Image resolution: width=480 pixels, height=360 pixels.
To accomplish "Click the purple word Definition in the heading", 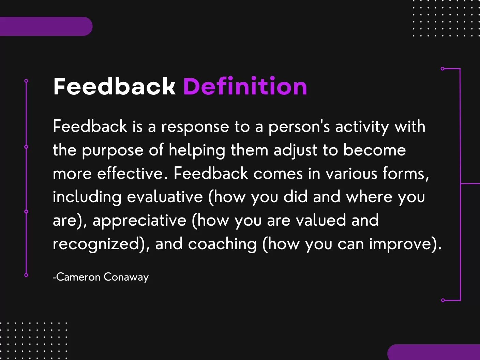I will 245,86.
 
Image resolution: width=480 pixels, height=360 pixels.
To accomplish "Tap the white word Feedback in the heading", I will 115,86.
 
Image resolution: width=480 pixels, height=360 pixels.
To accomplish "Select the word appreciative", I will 139,221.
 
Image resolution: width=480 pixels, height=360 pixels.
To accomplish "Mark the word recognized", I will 98,244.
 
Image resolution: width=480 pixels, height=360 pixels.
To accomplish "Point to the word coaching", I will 222,244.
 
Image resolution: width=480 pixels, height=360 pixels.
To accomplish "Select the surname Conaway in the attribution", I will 126,277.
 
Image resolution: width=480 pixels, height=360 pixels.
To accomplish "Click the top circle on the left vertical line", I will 26,81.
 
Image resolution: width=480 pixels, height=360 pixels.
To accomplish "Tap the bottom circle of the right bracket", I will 443,300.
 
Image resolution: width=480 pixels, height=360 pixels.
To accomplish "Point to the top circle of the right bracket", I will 442,69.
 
